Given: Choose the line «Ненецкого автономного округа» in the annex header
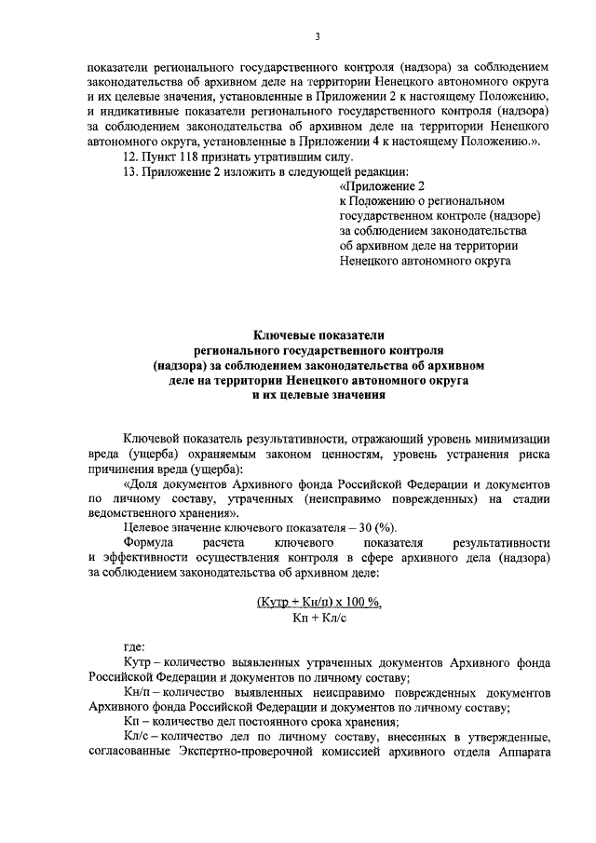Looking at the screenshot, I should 426,262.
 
